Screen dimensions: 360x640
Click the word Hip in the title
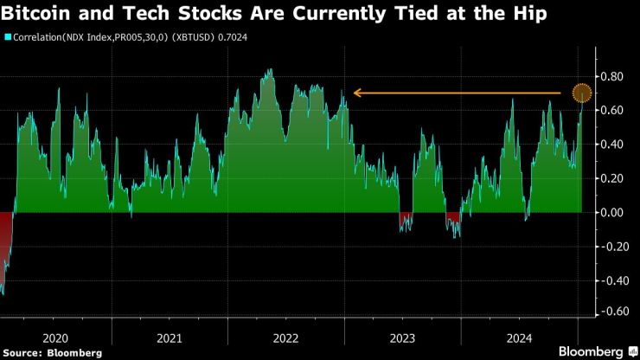click(x=528, y=14)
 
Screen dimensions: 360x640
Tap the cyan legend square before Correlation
click(x=8, y=38)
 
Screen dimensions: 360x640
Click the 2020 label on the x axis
click(x=54, y=337)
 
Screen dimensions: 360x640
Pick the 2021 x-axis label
click(x=170, y=337)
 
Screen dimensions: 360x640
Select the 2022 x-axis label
click(x=286, y=337)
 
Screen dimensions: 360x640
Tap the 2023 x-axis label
click(x=402, y=337)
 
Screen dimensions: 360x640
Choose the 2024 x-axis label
click(x=519, y=337)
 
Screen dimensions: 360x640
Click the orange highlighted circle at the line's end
click(x=582, y=93)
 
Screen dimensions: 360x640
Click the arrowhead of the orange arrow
click(x=354, y=93)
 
